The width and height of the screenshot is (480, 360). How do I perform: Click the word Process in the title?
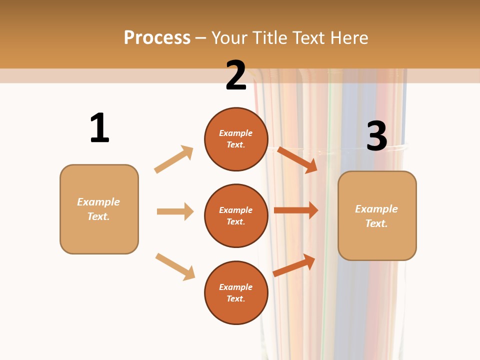click(157, 38)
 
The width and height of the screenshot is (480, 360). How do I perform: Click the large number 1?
click(99, 128)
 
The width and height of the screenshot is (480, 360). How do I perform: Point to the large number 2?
click(235, 75)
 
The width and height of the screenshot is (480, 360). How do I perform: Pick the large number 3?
click(376, 136)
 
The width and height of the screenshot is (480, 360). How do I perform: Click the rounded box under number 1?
click(99, 209)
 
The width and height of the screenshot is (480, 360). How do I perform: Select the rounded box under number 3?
click(377, 215)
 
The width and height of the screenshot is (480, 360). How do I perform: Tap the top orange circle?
click(236, 139)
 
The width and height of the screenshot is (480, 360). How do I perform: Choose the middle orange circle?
click(236, 215)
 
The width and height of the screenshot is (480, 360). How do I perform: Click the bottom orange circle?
click(236, 292)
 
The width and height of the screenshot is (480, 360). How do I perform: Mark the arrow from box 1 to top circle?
click(173, 159)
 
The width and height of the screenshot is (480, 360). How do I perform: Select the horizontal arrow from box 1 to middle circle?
click(175, 211)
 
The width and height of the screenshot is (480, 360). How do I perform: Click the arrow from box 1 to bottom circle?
click(175, 267)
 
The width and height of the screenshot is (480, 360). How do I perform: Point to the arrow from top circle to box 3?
click(297, 159)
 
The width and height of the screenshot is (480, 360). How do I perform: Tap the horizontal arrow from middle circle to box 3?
click(296, 210)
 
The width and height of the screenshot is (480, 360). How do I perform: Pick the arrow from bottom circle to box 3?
click(294, 265)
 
